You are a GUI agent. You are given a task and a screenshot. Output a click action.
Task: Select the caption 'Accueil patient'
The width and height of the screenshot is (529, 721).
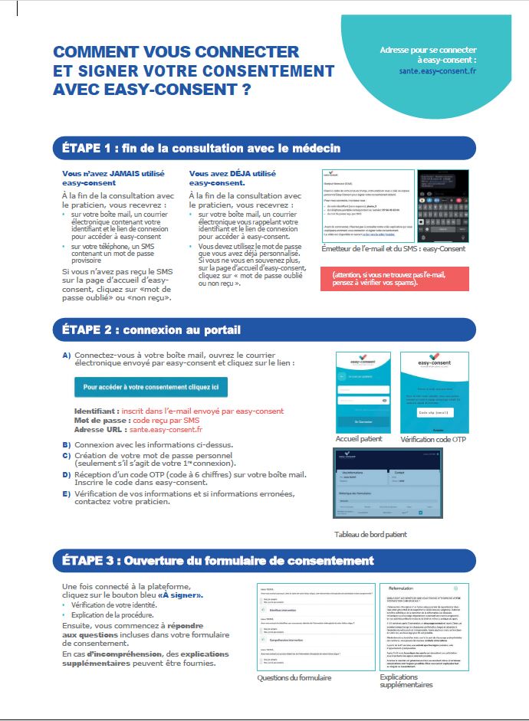tap(358, 439)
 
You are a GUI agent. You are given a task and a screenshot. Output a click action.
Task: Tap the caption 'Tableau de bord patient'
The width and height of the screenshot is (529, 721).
tap(370, 534)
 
